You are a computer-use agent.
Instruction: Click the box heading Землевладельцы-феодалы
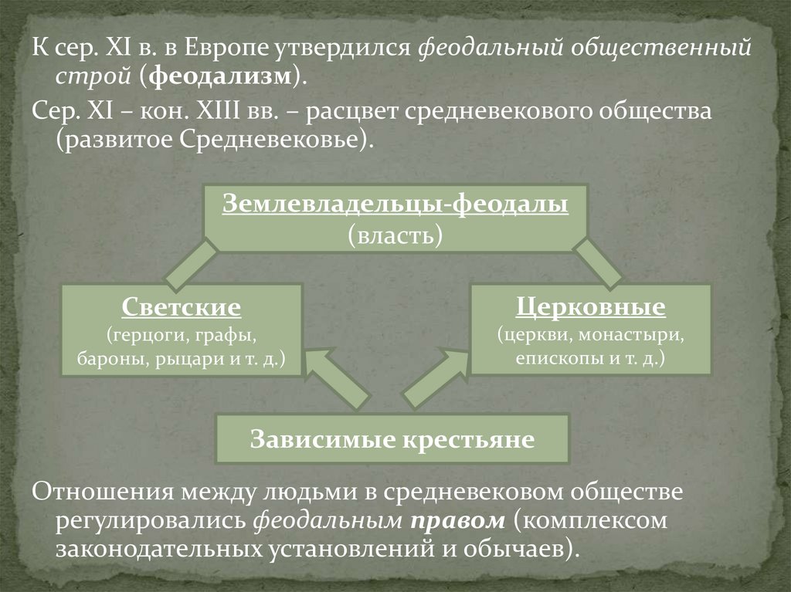coord(395,205)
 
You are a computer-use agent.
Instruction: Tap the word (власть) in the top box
coord(395,235)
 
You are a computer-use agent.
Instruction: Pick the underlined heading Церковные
coord(590,308)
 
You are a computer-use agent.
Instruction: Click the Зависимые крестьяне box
coord(392,439)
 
